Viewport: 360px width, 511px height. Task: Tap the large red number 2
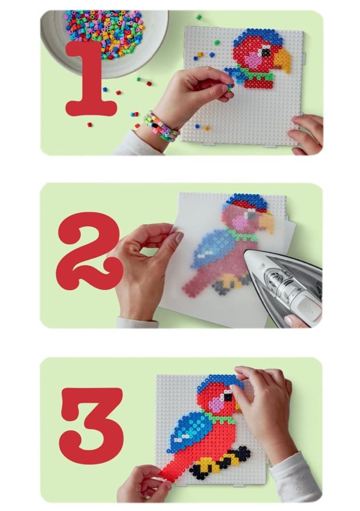click(89, 252)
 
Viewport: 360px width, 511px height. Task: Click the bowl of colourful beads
click(104, 40)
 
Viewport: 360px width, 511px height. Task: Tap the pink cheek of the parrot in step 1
click(254, 59)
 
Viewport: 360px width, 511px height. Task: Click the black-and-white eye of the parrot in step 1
click(266, 52)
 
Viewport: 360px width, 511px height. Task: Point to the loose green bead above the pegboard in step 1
click(198, 17)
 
